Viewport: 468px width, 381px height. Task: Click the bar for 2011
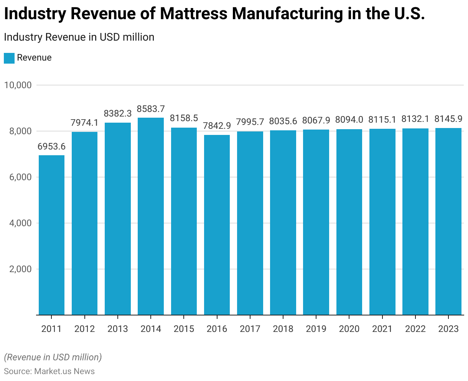(52, 235)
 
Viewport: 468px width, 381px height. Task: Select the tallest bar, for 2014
(151, 216)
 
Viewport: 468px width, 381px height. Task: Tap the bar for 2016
(217, 225)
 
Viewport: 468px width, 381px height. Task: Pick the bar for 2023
(448, 221)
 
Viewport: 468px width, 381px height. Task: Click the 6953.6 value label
(51, 147)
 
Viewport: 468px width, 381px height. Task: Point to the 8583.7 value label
(151, 109)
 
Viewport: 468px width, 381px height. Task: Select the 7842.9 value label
(217, 126)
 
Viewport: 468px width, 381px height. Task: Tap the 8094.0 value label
(349, 120)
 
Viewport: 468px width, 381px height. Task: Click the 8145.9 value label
(448, 119)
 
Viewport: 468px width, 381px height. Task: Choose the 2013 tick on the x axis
(118, 329)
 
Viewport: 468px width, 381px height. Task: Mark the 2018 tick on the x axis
(283, 329)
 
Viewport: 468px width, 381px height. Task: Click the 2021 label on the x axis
(382, 329)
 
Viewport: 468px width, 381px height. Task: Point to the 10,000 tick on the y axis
(17, 85)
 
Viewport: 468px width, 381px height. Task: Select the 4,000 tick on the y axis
(19, 223)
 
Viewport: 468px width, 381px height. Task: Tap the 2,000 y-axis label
(19, 269)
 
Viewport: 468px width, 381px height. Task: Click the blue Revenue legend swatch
(9, 58)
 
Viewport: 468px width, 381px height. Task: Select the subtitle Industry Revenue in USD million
(79, 37)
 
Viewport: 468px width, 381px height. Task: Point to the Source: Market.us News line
(49, 371)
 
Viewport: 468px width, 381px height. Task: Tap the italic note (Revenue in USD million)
(53, 357)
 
